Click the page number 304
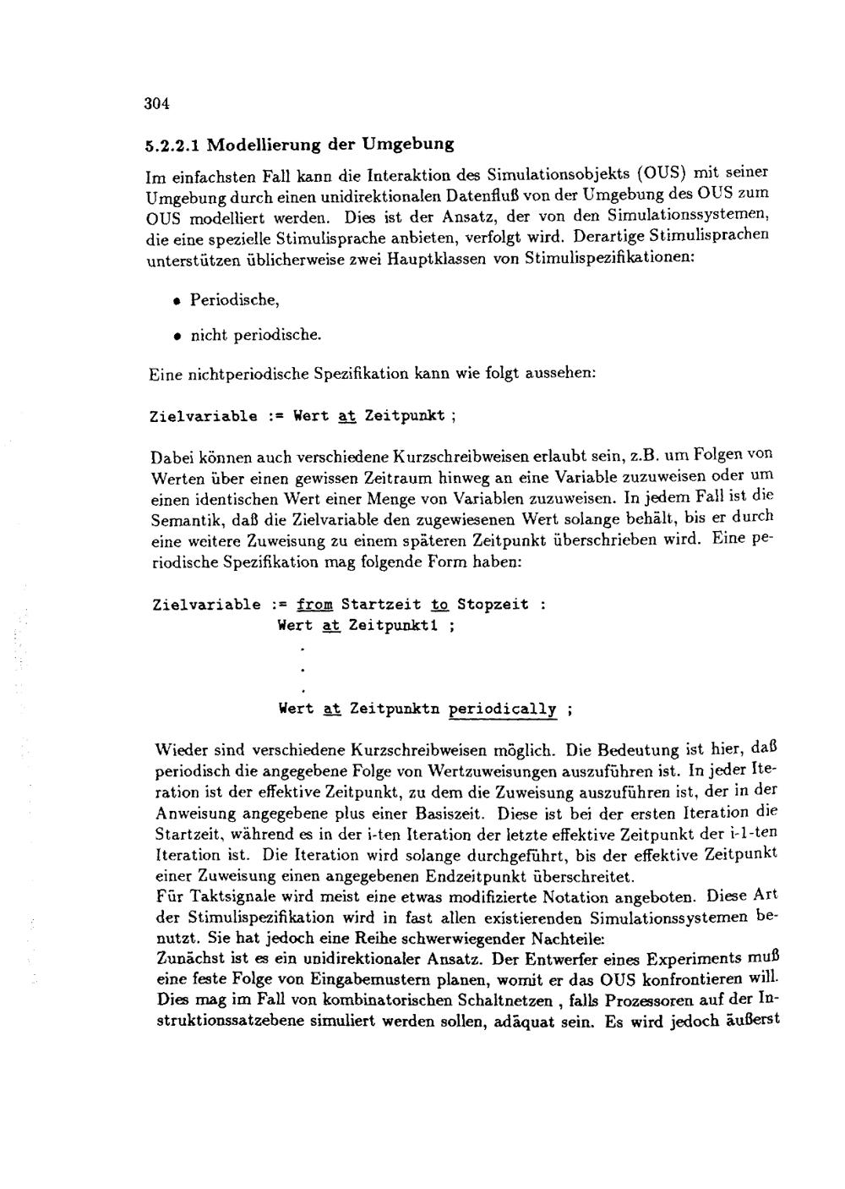pos(157,104)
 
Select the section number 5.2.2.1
pos(172,145)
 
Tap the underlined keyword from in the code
pos(315,605)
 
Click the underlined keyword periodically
pos(502,709)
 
